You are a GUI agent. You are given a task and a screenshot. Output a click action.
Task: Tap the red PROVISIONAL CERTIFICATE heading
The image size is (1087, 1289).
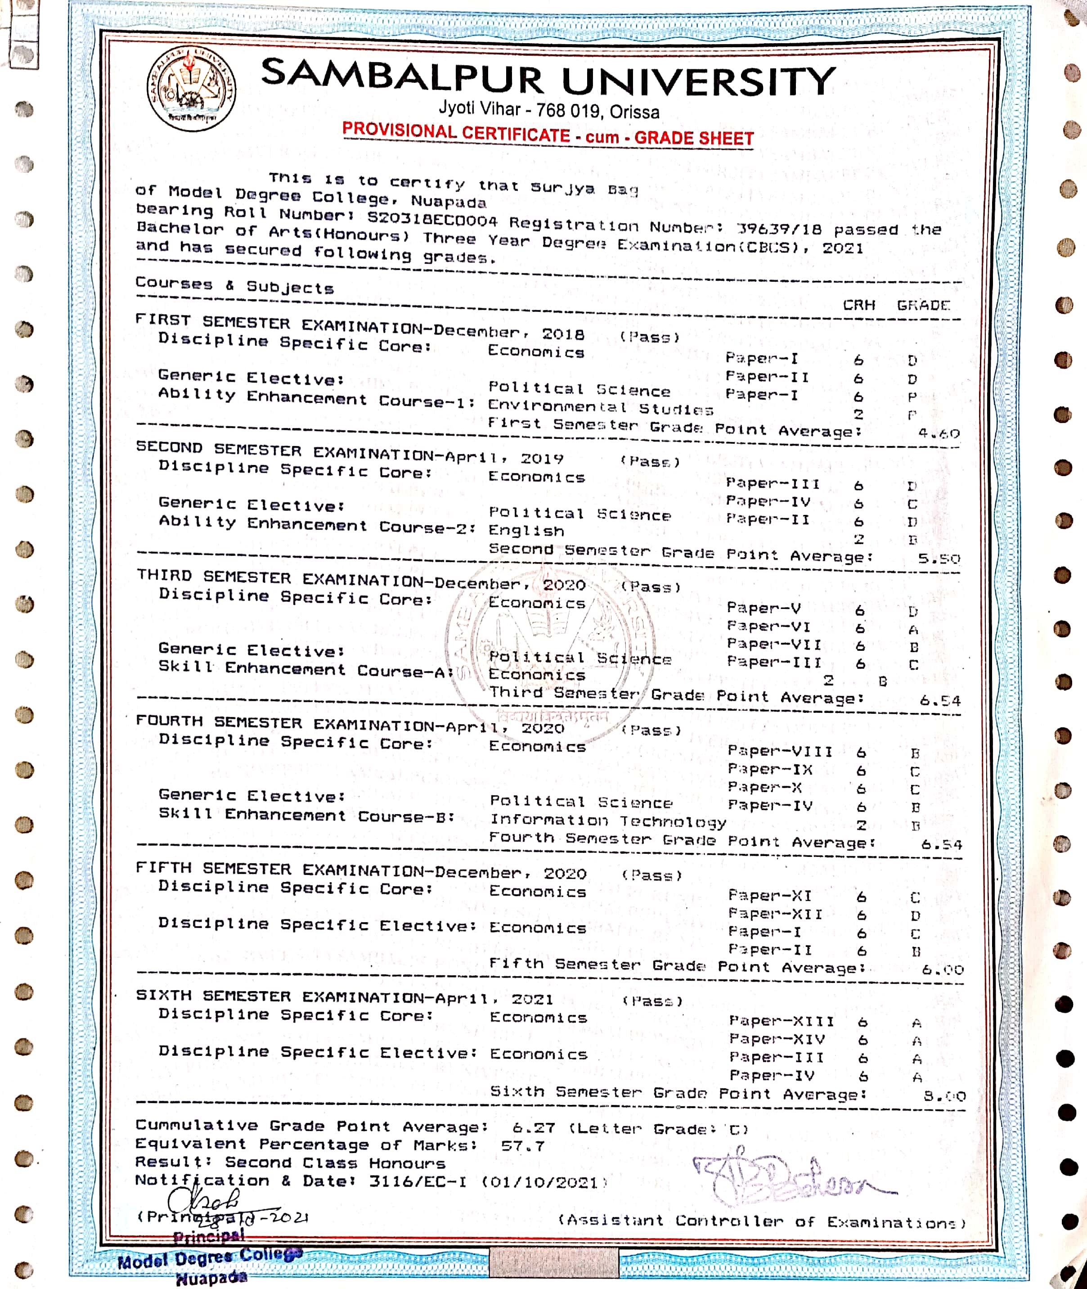point(457,132)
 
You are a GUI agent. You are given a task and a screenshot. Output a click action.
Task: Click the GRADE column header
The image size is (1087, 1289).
point(923,305)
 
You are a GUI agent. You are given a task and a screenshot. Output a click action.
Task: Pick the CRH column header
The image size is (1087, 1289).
point(858,305)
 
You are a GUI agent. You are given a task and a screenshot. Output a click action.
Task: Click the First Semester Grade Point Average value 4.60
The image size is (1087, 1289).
point(939,433)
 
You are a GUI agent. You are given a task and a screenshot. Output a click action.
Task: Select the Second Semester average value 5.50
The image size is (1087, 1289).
point(939,559)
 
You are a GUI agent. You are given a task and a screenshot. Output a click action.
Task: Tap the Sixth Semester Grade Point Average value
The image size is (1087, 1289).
point(944,1096)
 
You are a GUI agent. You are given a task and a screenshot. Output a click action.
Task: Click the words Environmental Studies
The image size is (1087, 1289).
point(600,407)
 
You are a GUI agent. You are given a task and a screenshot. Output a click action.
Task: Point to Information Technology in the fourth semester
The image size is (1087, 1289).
point(607,821)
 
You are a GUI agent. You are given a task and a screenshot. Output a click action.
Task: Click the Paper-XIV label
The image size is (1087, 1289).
point(777,1039)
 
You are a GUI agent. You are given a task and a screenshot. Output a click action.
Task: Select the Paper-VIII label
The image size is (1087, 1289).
point(780,752)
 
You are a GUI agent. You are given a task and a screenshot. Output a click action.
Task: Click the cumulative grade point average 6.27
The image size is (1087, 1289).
point(534,1127)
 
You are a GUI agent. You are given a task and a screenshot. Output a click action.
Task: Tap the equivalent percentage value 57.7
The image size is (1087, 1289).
point(522,1146)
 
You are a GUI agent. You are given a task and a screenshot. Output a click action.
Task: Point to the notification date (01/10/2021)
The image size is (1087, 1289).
point(544,1182)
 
